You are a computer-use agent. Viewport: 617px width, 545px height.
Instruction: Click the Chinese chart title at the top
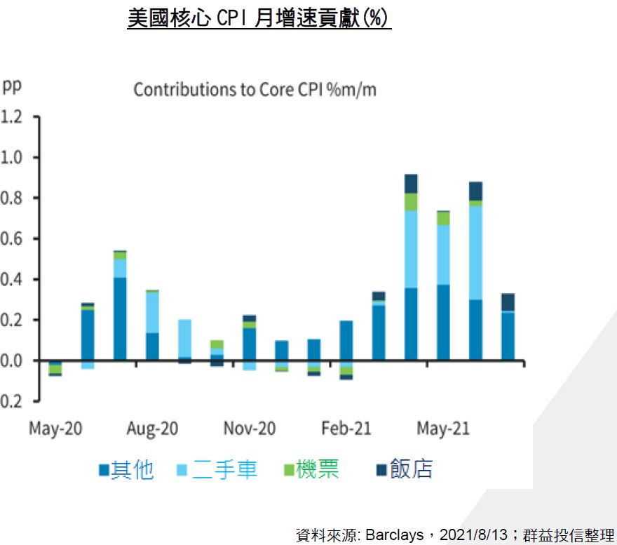coord(259,18)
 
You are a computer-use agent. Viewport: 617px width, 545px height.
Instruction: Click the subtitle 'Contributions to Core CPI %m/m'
coord(255,90)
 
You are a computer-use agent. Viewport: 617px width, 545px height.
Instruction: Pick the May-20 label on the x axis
coord(55,428)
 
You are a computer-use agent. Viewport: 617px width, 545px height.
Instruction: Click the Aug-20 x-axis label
coord(152,428)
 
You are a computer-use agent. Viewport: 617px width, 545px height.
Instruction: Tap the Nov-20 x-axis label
coord(250,428)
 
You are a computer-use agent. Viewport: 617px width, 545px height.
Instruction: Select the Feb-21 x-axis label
coord(346,428)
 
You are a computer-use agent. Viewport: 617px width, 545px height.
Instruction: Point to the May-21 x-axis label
coord(443,428)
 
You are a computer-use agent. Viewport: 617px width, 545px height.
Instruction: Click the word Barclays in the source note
coord(394,535)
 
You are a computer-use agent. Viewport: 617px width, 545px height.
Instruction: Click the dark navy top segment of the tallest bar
coord(411,183)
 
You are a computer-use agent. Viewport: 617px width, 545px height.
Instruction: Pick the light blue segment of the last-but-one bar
coord(475,253)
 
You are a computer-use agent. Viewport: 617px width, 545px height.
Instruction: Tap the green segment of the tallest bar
coord(411,202)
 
